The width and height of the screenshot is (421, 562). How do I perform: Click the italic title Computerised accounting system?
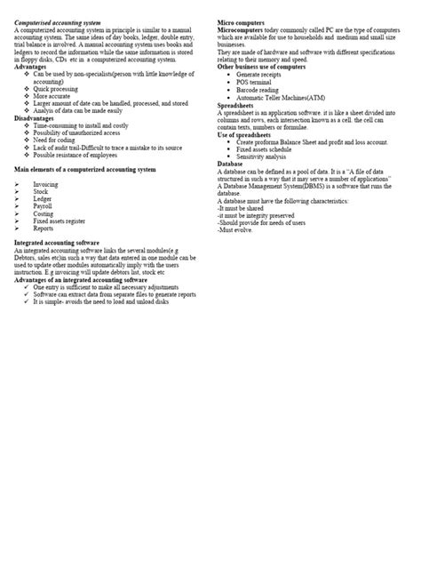(x=64, y=21)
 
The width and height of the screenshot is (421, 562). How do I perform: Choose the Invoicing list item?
(x=46, y=185)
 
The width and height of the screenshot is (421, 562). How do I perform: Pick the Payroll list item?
(x=43, y=206)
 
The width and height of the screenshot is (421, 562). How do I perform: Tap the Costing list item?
(x=44, y=213)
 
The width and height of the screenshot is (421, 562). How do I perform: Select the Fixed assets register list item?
(x=60, y=221)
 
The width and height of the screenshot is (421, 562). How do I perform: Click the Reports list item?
(x=44, y=228)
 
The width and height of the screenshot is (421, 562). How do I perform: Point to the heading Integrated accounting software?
(x=68, y=243)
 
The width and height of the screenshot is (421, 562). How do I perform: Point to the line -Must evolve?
(x=237, y=229)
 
